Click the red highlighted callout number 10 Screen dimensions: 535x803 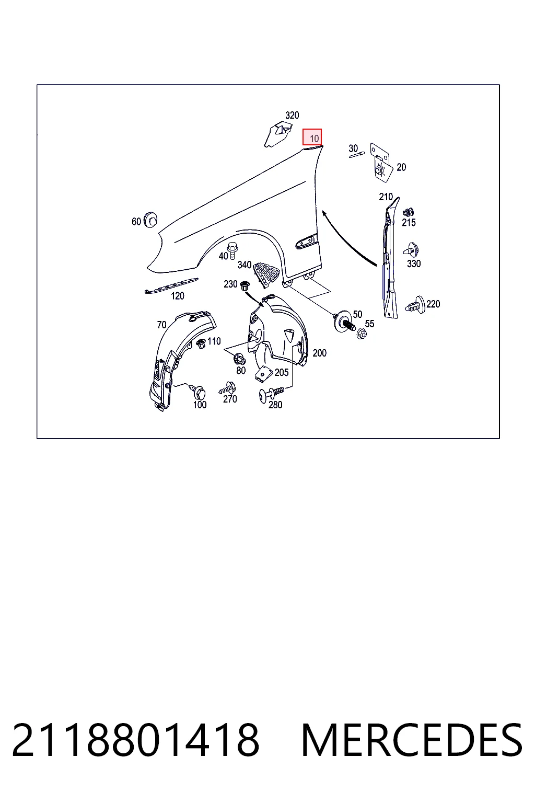[312, 137]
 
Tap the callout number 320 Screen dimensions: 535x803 [292, 116]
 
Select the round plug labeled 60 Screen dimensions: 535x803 [150, 220]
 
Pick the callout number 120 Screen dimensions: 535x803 [178, 296]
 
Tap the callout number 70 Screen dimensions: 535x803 [161, 325]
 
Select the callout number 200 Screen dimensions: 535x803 [319, 353]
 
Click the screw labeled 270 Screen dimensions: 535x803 [226, 388]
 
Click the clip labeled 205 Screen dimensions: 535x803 [263, 374]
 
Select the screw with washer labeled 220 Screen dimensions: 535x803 [416, 305]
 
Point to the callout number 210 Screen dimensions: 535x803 [386, 197]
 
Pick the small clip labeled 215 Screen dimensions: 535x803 [408, 212]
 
